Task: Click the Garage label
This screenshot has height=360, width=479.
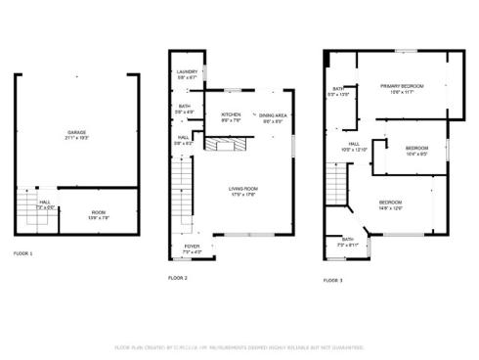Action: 75,134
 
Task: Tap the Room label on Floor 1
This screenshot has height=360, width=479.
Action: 99,214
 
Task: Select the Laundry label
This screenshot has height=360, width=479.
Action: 187,73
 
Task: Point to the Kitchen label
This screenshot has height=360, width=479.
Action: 231,117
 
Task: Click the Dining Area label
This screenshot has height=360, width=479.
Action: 273,117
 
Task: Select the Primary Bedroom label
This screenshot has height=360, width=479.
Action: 402,89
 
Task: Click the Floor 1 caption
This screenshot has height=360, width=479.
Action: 22,254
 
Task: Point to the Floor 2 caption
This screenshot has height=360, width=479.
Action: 177,278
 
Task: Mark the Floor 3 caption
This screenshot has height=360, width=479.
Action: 333,281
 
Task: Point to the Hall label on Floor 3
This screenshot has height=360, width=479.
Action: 353,146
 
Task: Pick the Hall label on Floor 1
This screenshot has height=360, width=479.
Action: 43,206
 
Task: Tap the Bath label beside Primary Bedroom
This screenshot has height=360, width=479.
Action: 337,91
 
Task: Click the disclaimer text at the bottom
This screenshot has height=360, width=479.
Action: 239,346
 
